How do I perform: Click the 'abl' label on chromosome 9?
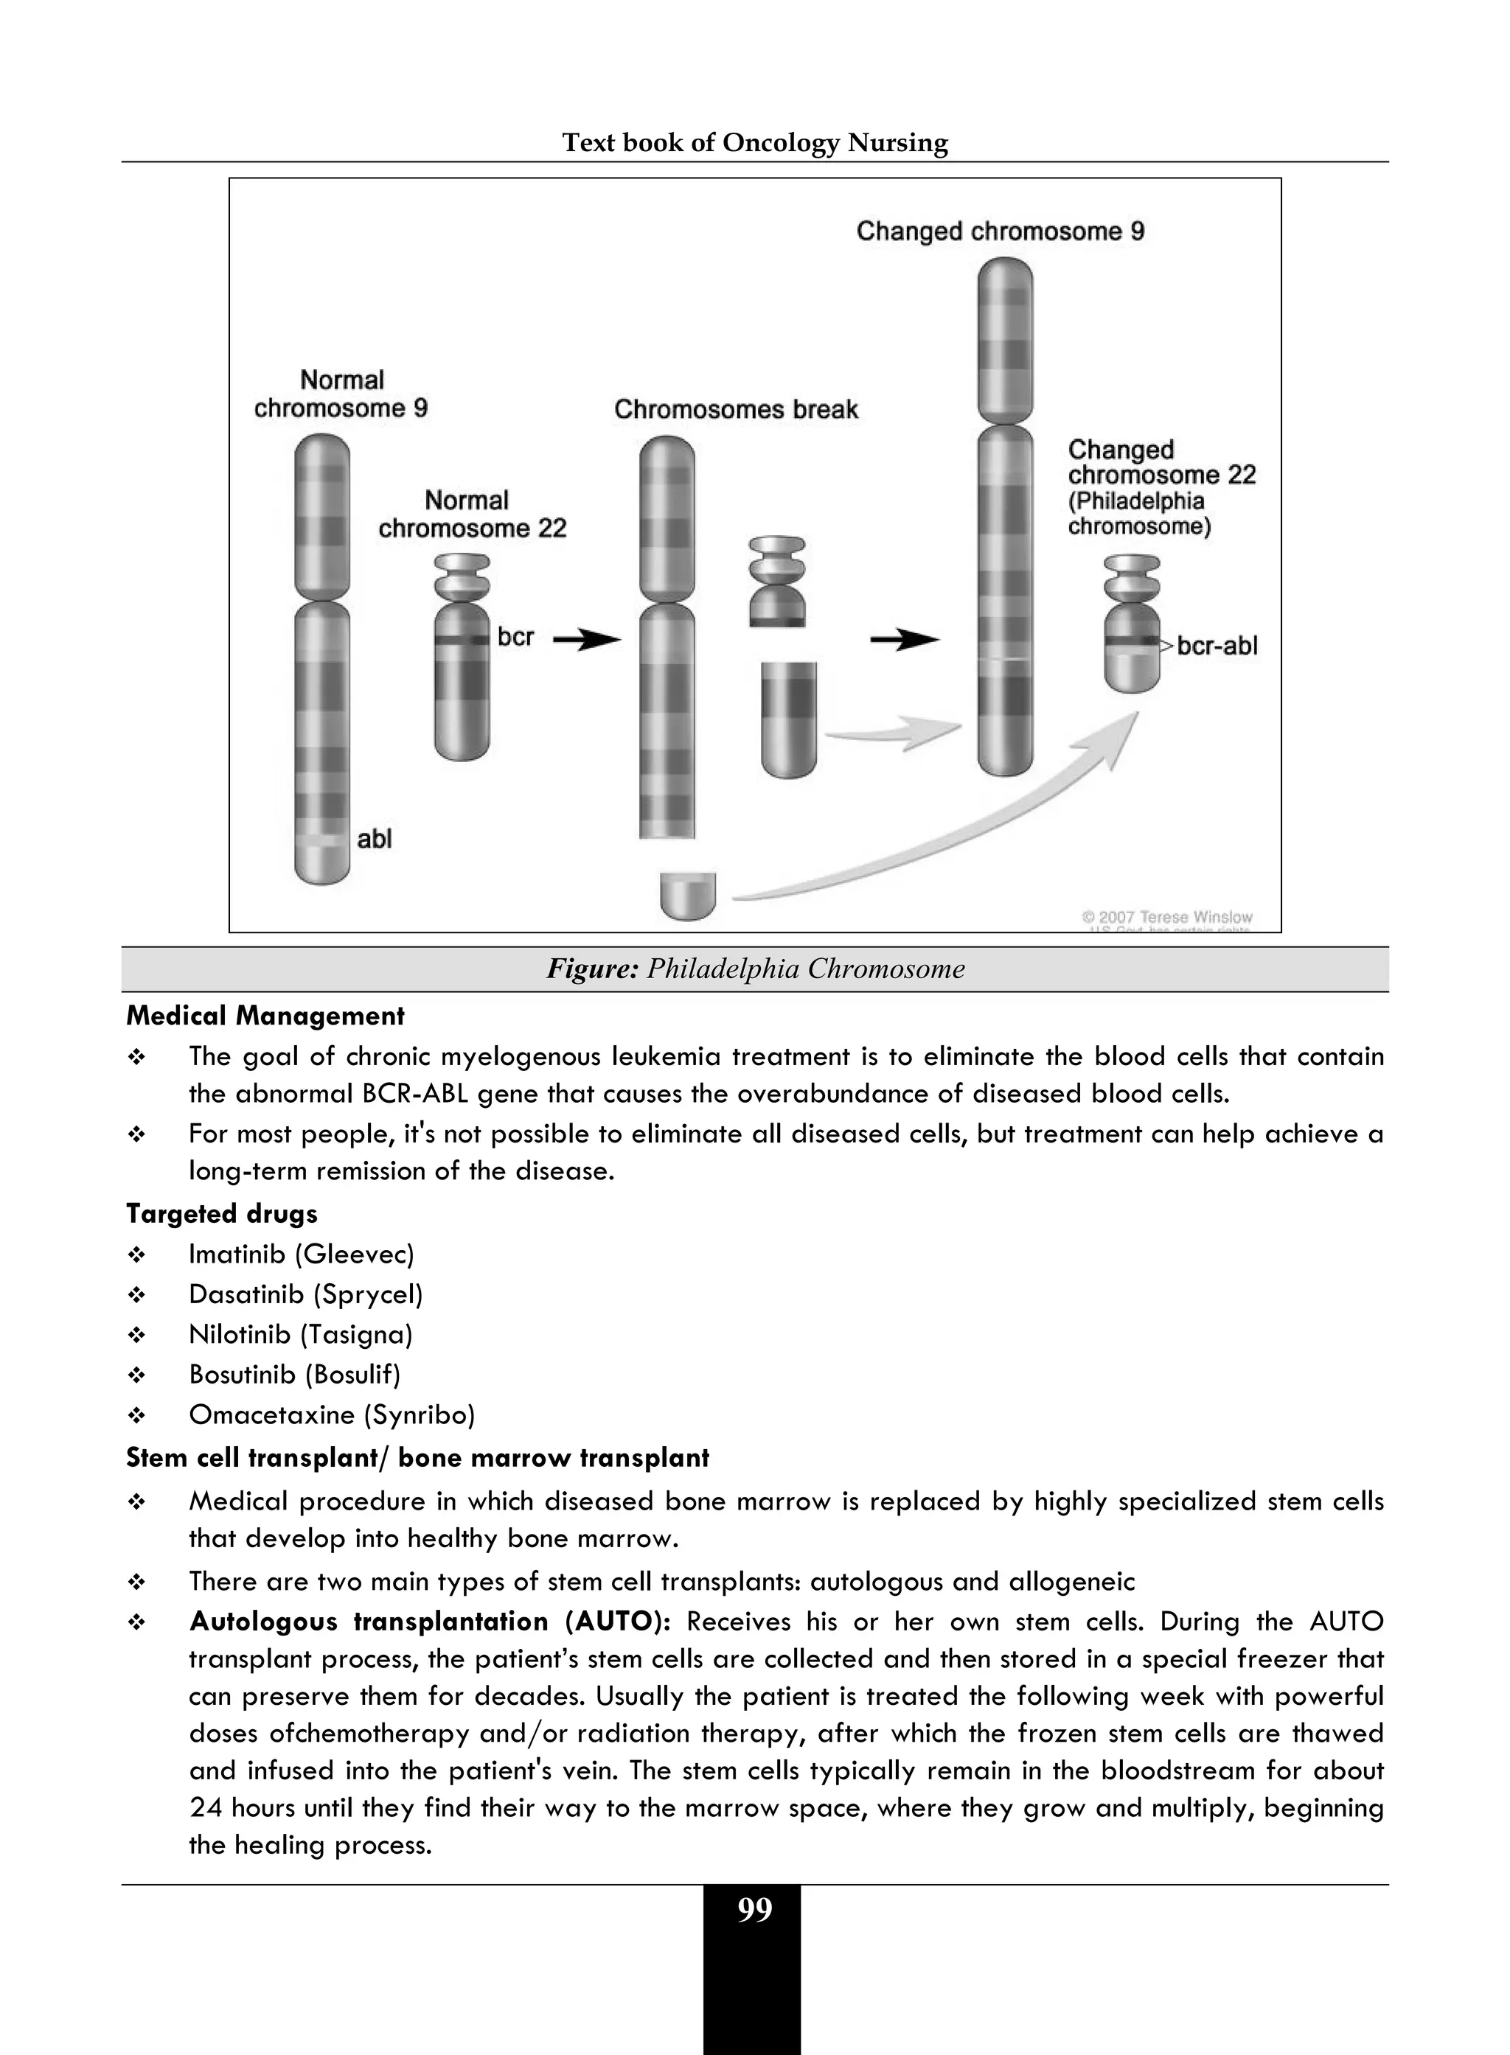[374, 838]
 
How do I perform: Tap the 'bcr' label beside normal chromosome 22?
[515, 637]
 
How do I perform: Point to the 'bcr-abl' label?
[1217, 646]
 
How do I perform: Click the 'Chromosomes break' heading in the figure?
[736, 409]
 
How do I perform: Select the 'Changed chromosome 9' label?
[1000, 231]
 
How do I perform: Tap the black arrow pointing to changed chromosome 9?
[904, 640]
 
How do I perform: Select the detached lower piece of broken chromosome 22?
[788, 719]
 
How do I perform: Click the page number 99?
[754, 1911]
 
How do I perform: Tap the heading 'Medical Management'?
[265, 1016]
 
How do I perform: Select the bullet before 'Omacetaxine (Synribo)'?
[137, 1416]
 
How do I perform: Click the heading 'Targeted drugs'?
[222, 1213]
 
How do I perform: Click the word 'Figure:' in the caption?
[591, 969]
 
